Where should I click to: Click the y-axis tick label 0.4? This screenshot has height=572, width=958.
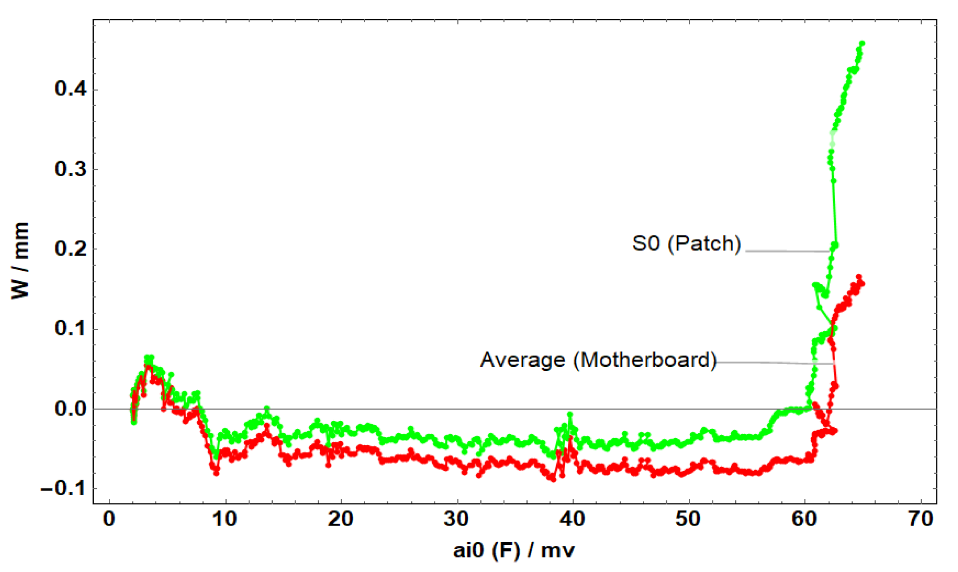point(71,89)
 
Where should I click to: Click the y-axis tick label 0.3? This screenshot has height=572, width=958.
point(71,169)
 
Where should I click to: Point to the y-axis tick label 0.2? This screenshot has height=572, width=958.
point(71,249)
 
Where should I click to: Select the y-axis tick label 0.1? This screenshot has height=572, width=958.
point(71,329)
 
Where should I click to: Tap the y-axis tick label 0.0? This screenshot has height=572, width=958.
point(71,409)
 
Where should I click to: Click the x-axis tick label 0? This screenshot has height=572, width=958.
point(109,519)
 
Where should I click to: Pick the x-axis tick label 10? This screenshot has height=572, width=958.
point(225,519)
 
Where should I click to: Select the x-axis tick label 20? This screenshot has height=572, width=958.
point(341,519)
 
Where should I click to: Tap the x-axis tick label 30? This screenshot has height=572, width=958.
point(457,519)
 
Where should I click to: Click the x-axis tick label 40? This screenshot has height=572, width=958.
point(572,519)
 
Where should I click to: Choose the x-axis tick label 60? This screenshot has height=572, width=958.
point(804,519)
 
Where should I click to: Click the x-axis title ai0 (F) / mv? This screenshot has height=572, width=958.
point(514,551)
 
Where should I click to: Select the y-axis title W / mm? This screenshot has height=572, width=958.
point(21,261)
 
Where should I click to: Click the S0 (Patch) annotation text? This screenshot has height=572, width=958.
point(687,244)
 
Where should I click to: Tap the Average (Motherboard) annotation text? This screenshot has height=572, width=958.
point(599,360)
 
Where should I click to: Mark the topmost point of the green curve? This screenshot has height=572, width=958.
point(862,43)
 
